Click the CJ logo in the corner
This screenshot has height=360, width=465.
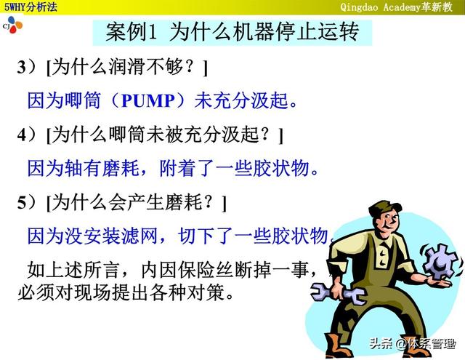[x=12, y=25]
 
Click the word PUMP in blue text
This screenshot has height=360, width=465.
[x=148, y=100]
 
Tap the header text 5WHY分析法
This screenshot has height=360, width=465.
[x=31, y=7]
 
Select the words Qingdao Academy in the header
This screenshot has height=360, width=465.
[x=380, y=7]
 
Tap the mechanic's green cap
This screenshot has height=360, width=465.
[x=385, y=207]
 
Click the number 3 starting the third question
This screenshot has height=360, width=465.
[x=23, y=67]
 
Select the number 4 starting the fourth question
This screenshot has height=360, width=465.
[x=23, y=135]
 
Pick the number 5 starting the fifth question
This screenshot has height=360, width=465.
[x=23, y=203]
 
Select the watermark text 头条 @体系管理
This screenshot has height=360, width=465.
[x=413, y=344]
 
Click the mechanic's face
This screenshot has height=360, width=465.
[x=387, y=221]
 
